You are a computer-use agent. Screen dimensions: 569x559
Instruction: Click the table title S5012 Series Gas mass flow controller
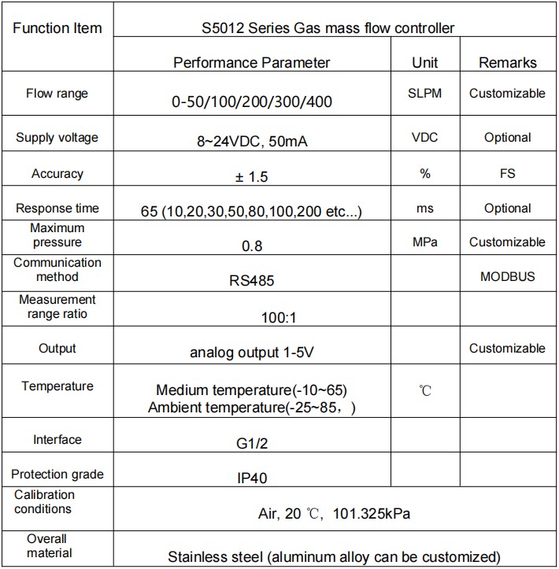pyautogui.click(x=328, y=28)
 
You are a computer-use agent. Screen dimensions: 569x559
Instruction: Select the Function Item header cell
pyautogui.click(x=57, y=28)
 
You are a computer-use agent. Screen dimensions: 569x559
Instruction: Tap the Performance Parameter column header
pyautogui.click(x=251, y=62)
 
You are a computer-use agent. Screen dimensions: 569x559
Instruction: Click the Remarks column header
pyautogui.click(x=507, y=62)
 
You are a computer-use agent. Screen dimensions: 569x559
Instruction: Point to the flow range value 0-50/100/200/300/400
pyautogui.click(x=251, y=102)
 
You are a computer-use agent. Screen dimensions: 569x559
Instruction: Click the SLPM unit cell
pyautogui.click(x=425, y=93)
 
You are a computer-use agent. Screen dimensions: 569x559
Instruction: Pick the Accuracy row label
pyautogui.click(x=57, y=173)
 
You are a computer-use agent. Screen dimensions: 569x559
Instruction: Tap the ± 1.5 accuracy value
pyautogui.click(x=251, y=177)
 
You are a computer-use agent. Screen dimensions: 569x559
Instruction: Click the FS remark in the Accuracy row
pyautogui.click(x=507, y=173)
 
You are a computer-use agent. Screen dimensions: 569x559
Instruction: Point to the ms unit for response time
pyautogui.click(x=425, y=209)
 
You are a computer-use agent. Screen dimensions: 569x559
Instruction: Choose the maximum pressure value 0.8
pyautogui.click(x=251, y=246)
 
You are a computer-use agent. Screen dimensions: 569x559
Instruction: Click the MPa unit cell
pyautogui.click(x=425, y=242)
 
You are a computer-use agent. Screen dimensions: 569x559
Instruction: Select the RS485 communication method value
pyautogui.click(x=251, y=280)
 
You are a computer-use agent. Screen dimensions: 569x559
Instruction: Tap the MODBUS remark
pyautogui.click(x=507, y=276)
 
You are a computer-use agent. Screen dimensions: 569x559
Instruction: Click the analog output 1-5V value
pyautogui.click(x=251, y=353)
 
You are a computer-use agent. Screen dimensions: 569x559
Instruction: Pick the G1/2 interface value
pyautogui.click(x=251, y=444)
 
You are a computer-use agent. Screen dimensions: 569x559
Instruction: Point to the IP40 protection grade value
pyautogui.click(x=251, y=478)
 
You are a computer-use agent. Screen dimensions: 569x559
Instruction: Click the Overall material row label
pyautogui.click(x=47, y=546)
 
